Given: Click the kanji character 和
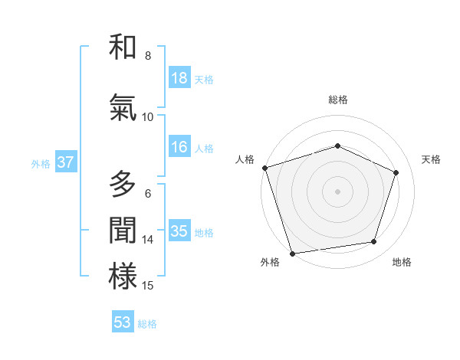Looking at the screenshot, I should pos(123,47).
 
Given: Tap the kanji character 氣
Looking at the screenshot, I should pos(123,108).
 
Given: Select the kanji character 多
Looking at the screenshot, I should pos(123,185).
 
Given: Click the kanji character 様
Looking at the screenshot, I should pos(123,277).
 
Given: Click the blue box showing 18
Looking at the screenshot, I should pos(179,78).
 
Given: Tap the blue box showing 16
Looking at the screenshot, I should pos(179,147).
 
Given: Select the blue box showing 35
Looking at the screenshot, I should pos(179,231).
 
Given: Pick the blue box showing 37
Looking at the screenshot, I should pos(65,162).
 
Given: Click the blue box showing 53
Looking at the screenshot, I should pos(123,322).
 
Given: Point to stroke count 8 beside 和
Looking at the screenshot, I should pos(148,56).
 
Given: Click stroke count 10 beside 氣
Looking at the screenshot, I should pos(148,117).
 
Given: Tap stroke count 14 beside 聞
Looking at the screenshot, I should pos(148,240).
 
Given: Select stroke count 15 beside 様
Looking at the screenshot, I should pos(148,286).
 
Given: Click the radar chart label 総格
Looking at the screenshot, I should pos(337,100).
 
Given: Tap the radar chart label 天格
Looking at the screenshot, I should pos(432,159).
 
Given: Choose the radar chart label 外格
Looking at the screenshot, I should pos(270,262).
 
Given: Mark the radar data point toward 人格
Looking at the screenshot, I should pos(265,168).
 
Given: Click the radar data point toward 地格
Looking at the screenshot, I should pos(374,242).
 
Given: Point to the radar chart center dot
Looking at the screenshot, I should pos(337,191).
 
